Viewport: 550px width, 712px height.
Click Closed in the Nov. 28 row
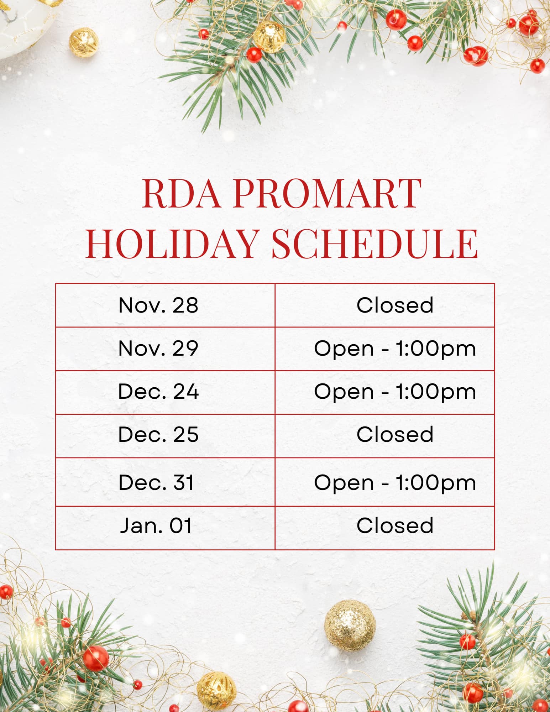click(x=395, y=305)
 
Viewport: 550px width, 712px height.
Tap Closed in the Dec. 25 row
click(x=395, y=435)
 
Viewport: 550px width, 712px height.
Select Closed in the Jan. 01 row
click(x=395, y=526)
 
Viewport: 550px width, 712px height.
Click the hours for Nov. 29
click(x=395, y=349)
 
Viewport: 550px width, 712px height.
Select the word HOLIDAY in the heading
click(x=172, y=244)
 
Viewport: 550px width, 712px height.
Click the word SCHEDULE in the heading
click(x=375, y=244)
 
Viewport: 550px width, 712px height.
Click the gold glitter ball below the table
click(x=350, y=625)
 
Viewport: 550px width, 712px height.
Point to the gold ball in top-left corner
click(x=84, y=42)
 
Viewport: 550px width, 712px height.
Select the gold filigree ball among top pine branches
click(x=269, y=37)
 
